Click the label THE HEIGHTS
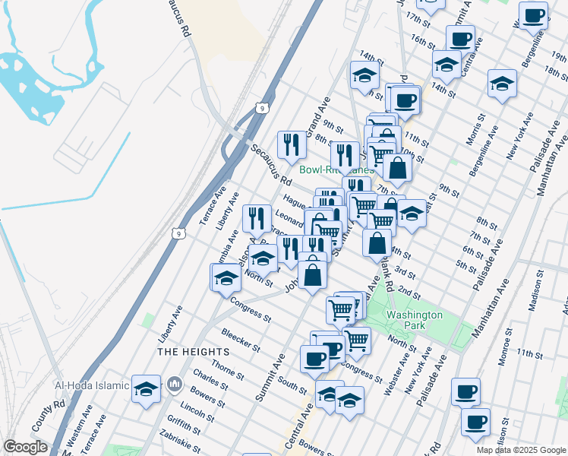(x=193, y=353)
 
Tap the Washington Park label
(x=414, y=320)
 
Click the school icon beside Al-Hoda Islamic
(x=146, y=390)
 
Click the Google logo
(x=25, y=447)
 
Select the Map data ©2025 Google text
(x=521, y=450)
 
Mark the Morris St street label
(x=477, y=130)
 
